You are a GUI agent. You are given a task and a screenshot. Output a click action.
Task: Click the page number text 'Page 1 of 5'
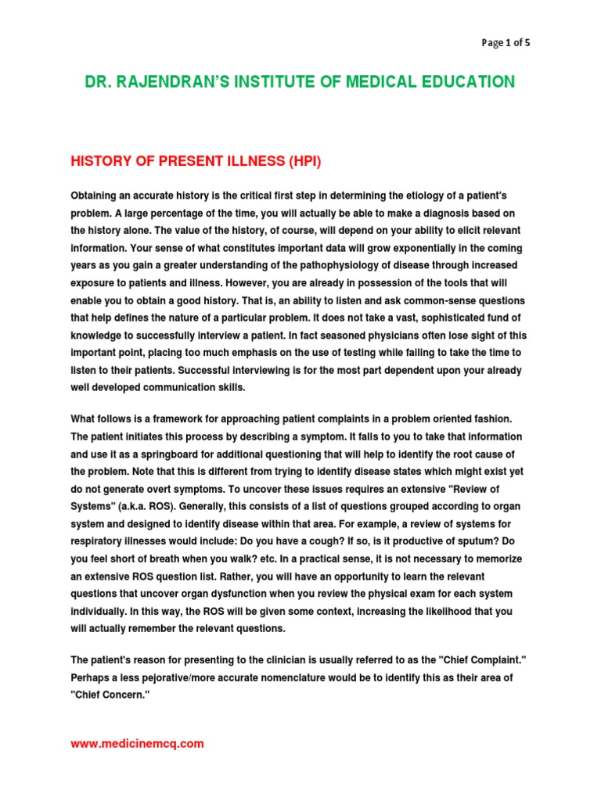tap(505, 43)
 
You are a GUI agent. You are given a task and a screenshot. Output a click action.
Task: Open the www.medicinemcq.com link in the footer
tap(137, 744)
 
